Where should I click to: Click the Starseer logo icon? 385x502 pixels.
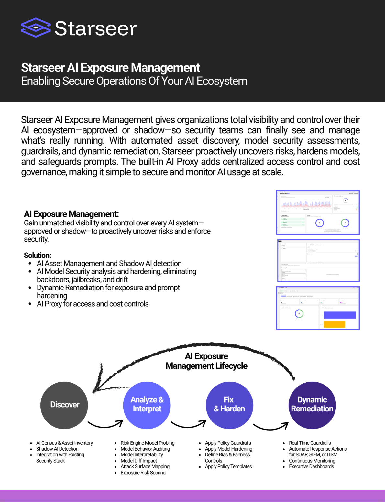36,28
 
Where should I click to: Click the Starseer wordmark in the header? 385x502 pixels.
96,28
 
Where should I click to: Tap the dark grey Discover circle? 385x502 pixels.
64,405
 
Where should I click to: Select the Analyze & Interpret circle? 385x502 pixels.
147,405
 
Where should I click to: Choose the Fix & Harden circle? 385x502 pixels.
229,405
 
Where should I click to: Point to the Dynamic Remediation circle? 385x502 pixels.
312,405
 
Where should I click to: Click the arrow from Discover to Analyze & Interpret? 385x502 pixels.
105,424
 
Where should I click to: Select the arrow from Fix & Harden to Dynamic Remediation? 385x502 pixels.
271,426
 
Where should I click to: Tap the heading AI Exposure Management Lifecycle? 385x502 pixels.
206,361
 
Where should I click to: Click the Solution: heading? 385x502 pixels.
38,255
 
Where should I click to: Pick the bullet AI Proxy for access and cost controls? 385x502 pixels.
93,304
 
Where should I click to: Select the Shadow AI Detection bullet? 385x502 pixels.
57,449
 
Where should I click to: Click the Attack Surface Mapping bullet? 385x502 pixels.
145,466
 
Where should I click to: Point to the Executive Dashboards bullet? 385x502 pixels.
311,466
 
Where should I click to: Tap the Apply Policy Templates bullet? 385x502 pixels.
228,466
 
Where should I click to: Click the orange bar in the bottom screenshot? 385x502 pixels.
334,324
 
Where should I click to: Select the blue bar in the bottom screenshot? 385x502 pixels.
339,315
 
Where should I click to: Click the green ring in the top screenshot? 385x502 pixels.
345,223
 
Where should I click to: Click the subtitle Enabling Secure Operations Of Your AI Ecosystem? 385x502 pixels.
134,81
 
